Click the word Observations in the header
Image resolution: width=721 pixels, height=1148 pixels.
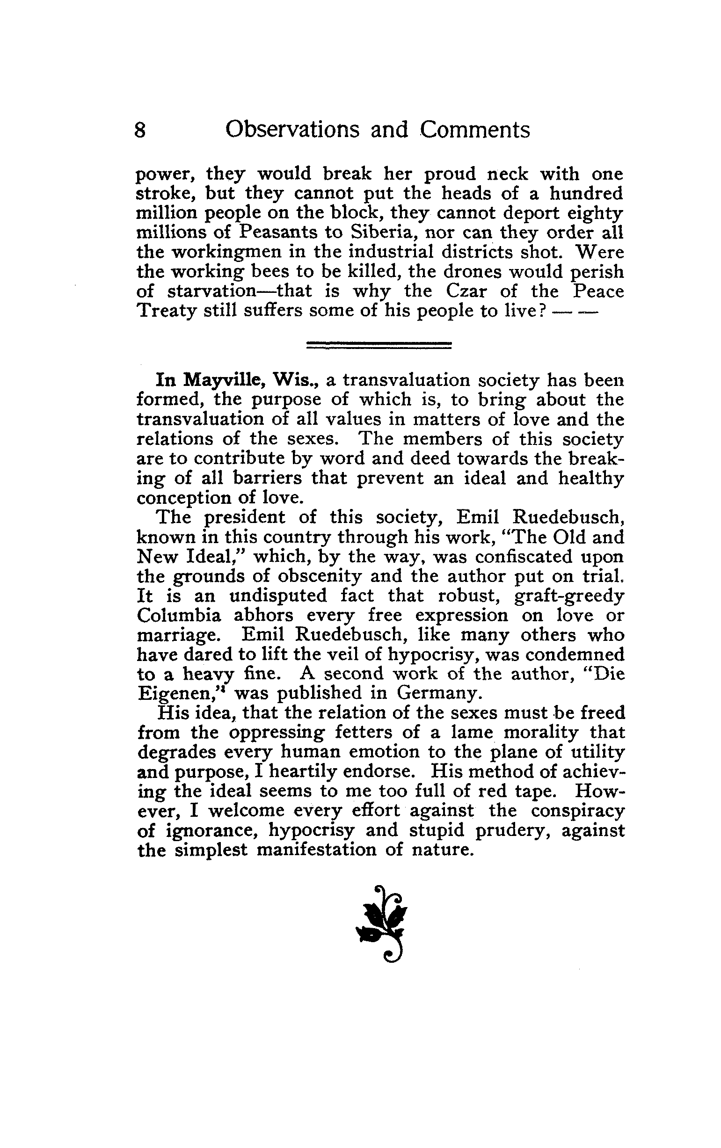[293, 130]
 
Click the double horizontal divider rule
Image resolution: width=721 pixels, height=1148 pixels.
[378, 345]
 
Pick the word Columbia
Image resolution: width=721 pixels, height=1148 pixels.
[179, 616]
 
